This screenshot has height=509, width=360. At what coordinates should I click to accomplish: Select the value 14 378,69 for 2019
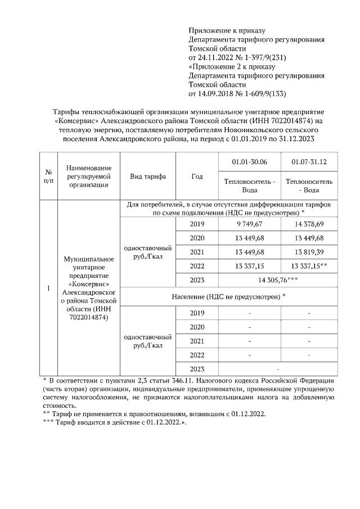(x=309, y=224)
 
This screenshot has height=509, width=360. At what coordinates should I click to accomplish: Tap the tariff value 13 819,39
(x=309, y=251)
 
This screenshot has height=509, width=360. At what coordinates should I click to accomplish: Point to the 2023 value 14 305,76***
(x=279, y=280)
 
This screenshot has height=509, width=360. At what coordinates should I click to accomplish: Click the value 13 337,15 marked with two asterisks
(x=309, y=265)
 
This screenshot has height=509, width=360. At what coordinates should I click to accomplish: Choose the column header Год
(x=197, y=176)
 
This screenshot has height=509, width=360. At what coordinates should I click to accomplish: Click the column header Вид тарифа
(x=148, y=176)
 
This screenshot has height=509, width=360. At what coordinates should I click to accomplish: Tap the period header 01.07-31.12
(x=309, y=162)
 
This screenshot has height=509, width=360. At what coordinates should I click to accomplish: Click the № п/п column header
(x=49, y=176)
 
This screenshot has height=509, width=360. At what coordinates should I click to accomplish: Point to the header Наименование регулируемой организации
(x=88, y=176)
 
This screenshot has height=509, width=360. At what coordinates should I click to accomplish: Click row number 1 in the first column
(x=49, y=289)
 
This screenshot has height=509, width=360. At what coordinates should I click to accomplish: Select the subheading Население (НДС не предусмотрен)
(x=228, y=296)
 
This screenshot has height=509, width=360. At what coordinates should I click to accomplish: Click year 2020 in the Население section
(x=197, y=327)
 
